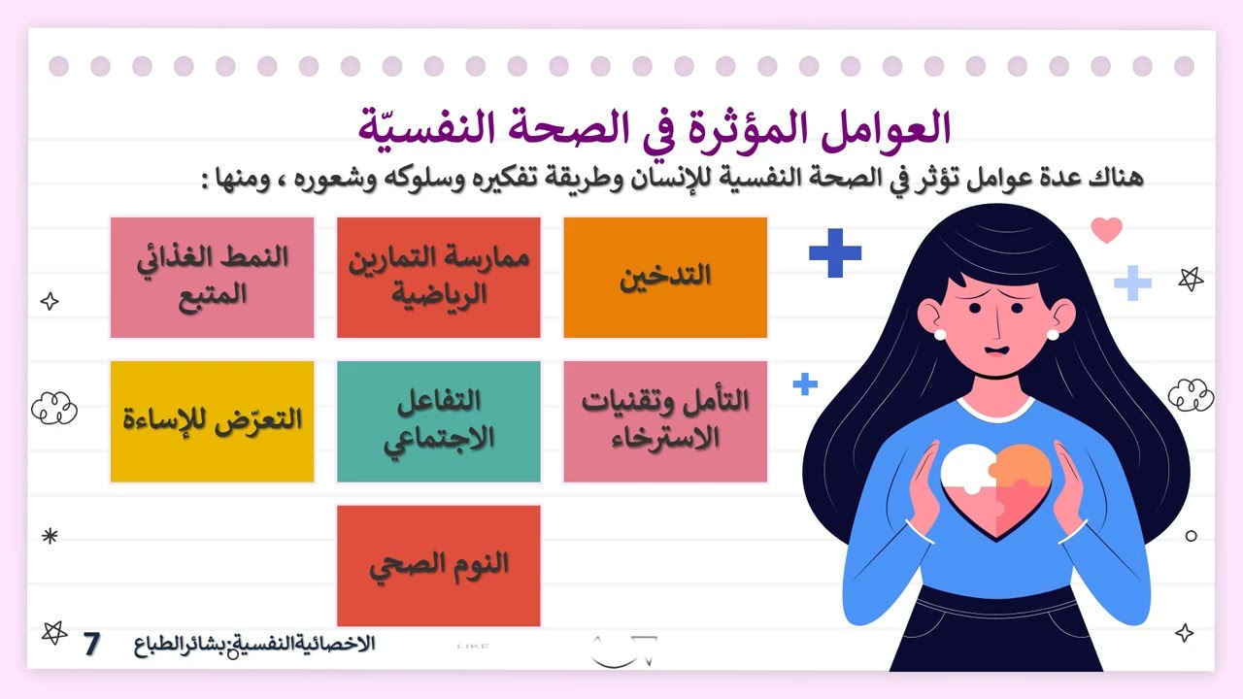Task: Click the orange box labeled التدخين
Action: [665, 278]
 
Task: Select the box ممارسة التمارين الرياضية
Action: [438, 278]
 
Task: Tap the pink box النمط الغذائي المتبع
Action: [212, 278]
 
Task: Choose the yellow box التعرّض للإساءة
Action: [212, 421]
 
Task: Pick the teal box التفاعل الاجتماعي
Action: [438, 421]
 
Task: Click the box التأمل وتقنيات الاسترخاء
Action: [665, 421]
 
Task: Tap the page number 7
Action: [92, 644]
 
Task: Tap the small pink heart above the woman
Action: [1106, 230]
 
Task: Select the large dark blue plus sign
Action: [835, 252]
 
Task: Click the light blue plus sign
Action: [1132, 283]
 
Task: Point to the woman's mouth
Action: [995, 350]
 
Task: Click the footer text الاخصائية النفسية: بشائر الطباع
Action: [254, 645]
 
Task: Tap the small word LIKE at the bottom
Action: [473, 646]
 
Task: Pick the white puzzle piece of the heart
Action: [967, 471]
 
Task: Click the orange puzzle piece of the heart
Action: [1025, 468]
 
